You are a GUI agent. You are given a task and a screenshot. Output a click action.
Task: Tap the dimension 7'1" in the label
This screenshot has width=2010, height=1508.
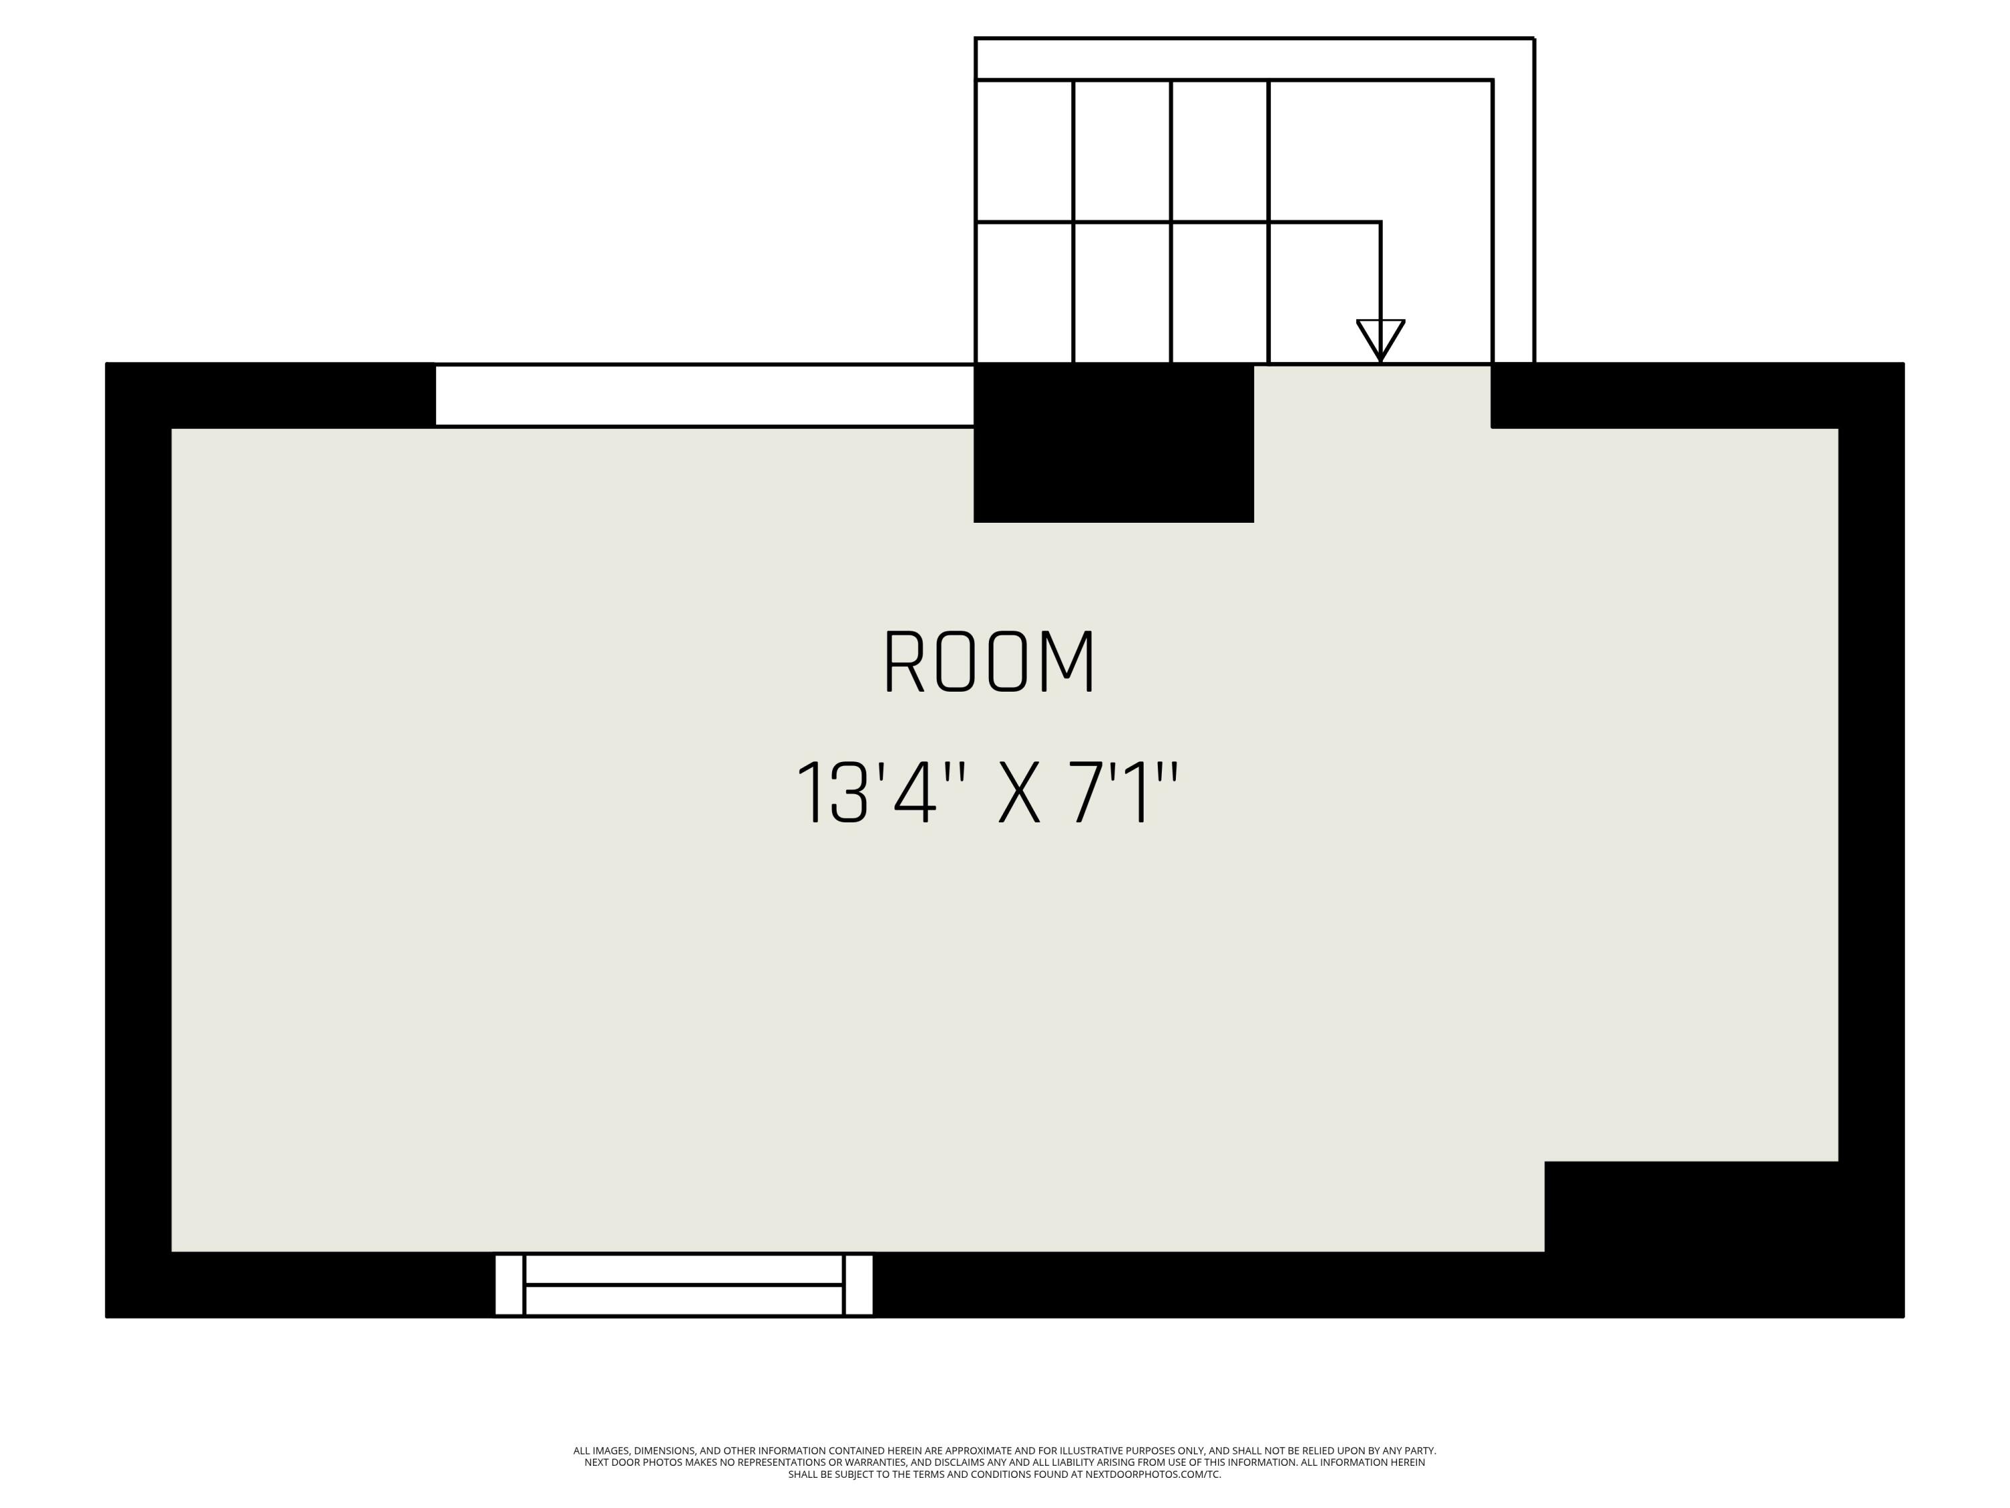coord(1125,794)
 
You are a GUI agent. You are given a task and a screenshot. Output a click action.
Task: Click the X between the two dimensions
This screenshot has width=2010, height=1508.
coord(1018,794)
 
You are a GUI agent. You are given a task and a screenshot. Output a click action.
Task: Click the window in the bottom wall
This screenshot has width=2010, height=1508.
coord(683,1284)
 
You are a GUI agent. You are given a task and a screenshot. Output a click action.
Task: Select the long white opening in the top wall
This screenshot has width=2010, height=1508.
coord(704,395)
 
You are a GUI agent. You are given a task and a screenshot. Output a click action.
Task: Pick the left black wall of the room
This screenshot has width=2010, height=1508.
coord(138,836)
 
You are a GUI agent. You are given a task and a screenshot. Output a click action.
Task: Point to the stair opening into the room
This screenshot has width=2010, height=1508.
coord(1372,391)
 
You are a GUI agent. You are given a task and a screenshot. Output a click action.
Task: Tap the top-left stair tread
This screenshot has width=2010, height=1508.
coord(1024,151)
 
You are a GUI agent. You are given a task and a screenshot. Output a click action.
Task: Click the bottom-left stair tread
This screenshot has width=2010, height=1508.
coord(1024,292)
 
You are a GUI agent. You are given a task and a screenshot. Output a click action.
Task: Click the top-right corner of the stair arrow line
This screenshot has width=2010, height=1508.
coord(1380,222)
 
